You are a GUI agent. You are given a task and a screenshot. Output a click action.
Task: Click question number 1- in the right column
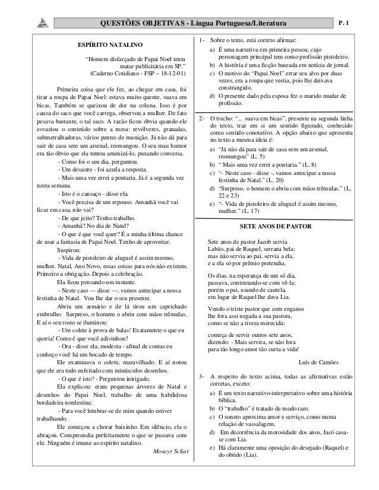[203, 40]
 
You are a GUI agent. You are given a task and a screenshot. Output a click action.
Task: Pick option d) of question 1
[213, 96]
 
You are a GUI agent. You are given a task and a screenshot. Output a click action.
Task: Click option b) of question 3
[213, 409]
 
